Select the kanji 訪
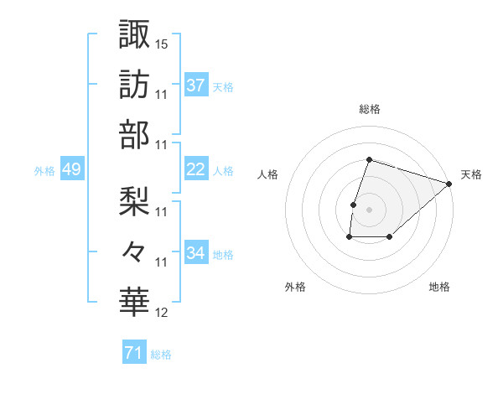[x=133, y=85]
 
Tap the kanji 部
[x=133, y=135]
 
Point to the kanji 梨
[x=133, y=201]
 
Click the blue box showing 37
[x=195, y=85]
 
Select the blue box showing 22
[x=195, y=169]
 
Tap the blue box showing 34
[x=195, y=253]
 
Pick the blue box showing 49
[x=71, y=169]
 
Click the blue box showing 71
[x=133, y=353]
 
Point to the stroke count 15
[x=162, y=43]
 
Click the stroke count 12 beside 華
[x=162, y=313]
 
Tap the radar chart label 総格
[x=369, y=109]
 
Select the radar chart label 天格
[x=471, y=174]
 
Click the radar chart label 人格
[x=267, y=174]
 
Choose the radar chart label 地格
[x=439, y=287]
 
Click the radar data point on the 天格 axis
[x=449, y=184]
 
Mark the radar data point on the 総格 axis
[x=369, y=159]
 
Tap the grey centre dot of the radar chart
[x=369, y=210]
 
